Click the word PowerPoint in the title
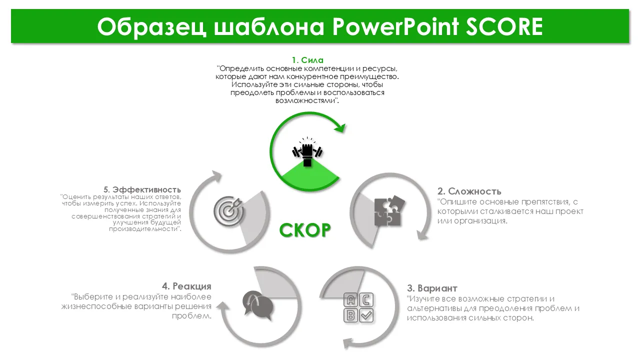(395, 26)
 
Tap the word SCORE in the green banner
(504, 26)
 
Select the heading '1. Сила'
(307, 60)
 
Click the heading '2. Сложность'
(469, 191)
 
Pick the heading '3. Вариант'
(432, 288)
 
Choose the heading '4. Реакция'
(186, 286)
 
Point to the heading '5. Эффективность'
(142, 189)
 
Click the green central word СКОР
(305, 230)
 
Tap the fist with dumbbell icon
(307, 151)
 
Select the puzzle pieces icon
(389, 210)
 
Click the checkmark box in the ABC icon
(366, 315)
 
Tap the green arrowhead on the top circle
(340, 127)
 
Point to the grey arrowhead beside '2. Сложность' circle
(422, 235)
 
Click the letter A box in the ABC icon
(350, 300)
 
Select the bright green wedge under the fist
(310, 174)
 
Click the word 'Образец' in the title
(151, 27)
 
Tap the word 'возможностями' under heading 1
(305, 100)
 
